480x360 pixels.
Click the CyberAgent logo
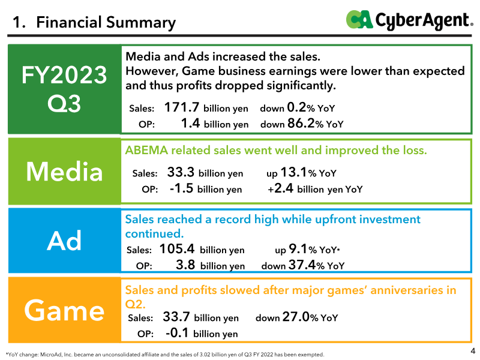click(x=410, y=20)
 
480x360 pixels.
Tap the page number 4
click(x=473, y=350)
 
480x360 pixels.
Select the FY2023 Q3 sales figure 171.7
click(x=182, y=107)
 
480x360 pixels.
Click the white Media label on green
click(x=64, y=172)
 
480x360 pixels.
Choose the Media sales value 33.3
click(x=181, y=172)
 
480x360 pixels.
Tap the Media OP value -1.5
click(x=182, y=188)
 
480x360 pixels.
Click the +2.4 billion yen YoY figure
click(x=315, y=188)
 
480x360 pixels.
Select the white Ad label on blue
click(x=64, y=241)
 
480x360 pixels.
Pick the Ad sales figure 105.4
click(x=177, y=249)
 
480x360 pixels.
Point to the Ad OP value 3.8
click(x=185, y=265)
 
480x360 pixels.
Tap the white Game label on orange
click(x=64, y=310)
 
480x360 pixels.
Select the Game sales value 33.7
click(x=176, y=317)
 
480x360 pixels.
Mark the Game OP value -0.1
click(x=177, y=333)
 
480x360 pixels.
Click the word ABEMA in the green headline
click(x=146, y=151)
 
